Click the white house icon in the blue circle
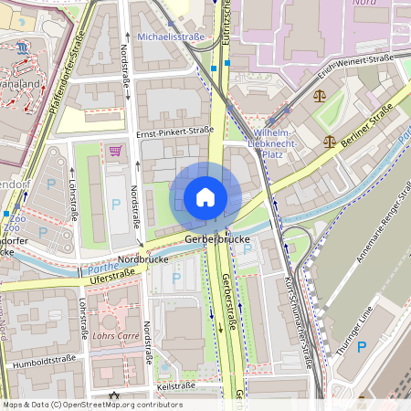[x=205, y=197]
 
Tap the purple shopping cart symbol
[x=115, y=151]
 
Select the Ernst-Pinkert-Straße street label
[x=174, y=132]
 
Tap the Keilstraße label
[x=175, y=386]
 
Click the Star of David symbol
[x=114, y=396]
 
